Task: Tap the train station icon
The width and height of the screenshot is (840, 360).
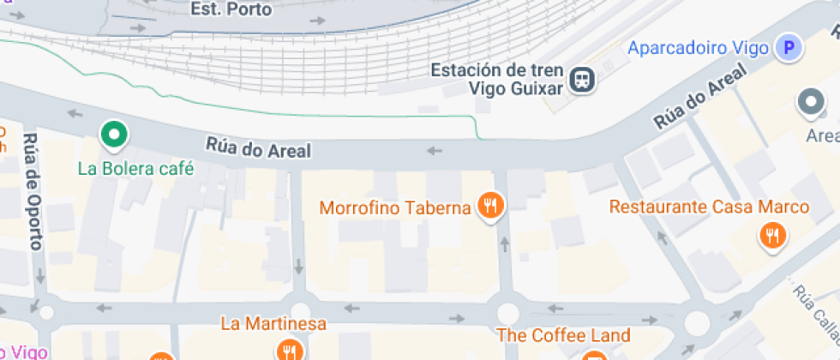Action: point(584,80)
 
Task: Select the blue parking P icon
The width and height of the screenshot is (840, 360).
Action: point(788,48)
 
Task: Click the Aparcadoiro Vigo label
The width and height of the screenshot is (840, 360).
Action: point(698,48)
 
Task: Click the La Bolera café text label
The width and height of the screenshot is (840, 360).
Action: point(135,168)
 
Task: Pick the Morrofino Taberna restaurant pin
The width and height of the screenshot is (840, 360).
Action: point(491,206)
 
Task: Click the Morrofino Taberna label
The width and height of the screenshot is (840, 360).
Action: point(395,207)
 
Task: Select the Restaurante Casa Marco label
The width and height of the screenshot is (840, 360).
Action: point(709,207)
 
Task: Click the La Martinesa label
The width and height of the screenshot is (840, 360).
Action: point(273,324)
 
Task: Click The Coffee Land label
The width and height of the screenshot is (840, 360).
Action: point(562,335)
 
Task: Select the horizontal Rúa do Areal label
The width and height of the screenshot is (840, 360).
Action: point(257,148)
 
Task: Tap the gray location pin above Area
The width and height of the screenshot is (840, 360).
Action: point(810,104)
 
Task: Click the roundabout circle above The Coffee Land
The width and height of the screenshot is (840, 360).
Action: point(507,312)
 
